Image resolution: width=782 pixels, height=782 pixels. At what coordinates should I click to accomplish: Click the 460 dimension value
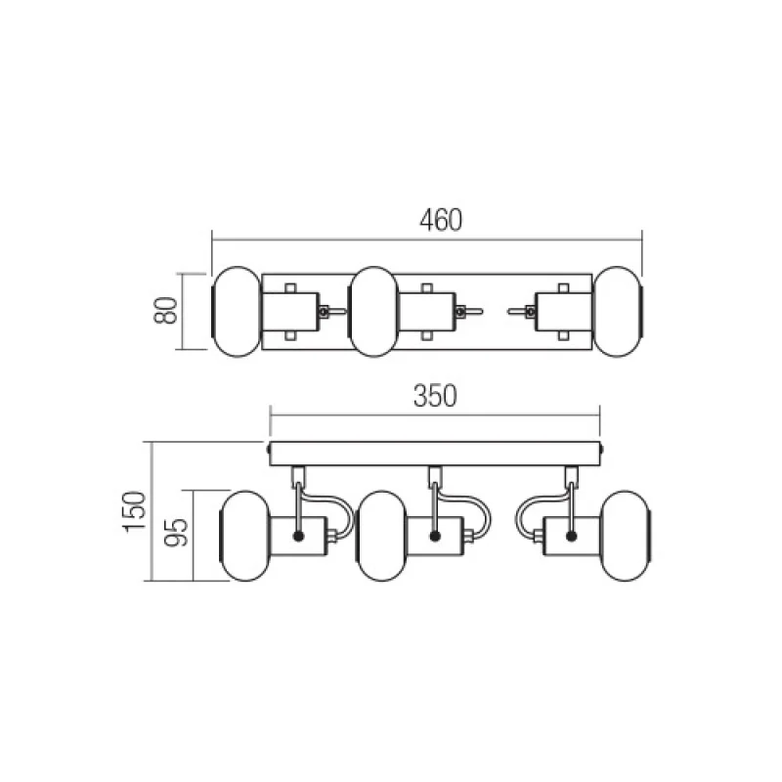[x=441, y=221]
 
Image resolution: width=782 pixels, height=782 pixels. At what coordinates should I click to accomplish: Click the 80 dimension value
[x=166, y=310]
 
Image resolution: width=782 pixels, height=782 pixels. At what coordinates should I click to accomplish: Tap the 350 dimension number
[x=435, y=396]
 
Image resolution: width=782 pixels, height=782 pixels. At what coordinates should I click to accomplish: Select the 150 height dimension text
[x=135, y=511]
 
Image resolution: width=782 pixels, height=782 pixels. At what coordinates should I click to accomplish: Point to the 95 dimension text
[x=177, y=533]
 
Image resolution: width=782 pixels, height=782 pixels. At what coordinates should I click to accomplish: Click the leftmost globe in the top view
[x=237, y=312]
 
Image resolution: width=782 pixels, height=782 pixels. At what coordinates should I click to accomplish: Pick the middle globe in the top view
[x=373, y=312]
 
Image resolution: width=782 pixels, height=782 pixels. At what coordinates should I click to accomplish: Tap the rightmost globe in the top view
[x=618, y=312]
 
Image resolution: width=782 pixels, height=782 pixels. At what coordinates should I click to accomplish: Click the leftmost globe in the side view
[x=245, y=536]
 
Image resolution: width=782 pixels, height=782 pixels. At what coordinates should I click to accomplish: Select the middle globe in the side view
[x=382, y=536]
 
